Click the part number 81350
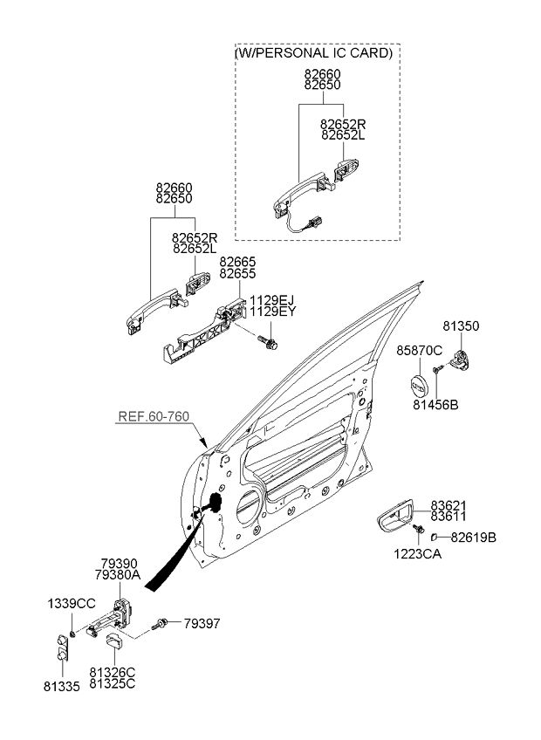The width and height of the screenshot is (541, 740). [x=460, y=326]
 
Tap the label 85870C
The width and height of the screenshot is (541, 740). [x=419, y=350]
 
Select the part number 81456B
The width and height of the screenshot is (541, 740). [x=435, y=404]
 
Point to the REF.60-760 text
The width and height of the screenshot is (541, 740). [x=154, y=416]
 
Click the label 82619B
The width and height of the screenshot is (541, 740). [x=474, y=538]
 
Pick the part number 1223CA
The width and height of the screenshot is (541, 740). [x=418, y=553]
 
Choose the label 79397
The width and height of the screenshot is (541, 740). [x=202, y=624]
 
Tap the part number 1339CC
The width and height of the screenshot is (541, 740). [x=72, y=603]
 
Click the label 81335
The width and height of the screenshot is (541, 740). [x=62, y=686]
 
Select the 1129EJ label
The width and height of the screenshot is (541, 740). [x=271, y=300]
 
